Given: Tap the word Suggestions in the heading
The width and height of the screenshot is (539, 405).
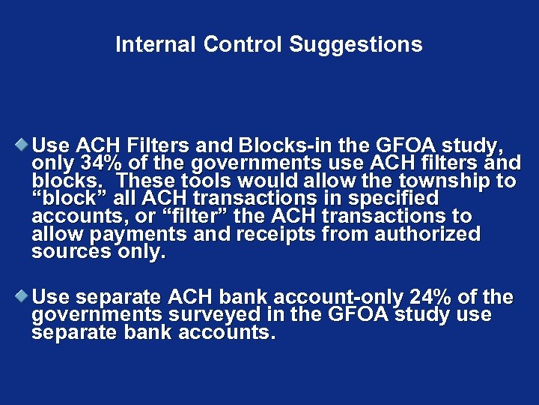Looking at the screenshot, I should pyautogui.click(x=356, y=45).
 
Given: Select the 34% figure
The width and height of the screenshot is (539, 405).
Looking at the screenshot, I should pyautogui.click(x=102, y=162).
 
